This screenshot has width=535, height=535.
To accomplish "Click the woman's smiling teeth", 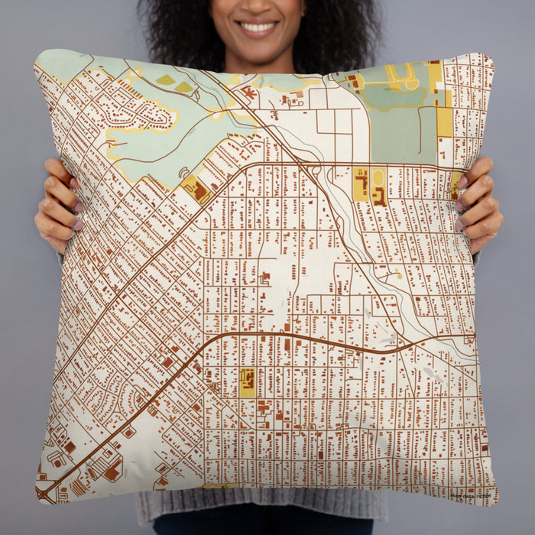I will (258, 27).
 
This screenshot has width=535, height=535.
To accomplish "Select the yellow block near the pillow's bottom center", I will (247, 382).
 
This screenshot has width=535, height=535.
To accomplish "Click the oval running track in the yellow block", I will (378, 177).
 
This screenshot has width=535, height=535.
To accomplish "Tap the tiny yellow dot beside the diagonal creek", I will (397, 276).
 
